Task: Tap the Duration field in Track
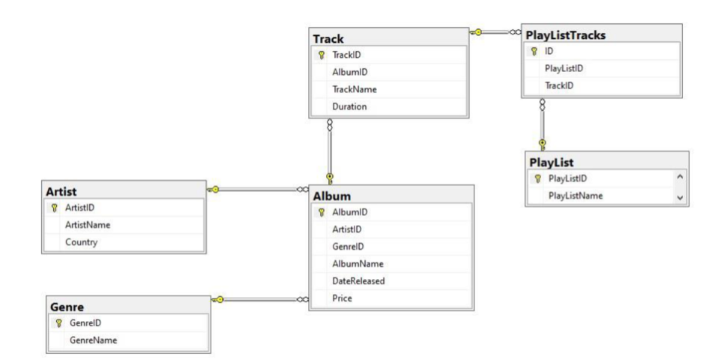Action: pos(349,106)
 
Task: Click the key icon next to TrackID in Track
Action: pos(322,55)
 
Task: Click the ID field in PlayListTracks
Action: pos(550,51)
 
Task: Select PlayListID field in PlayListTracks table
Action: pos(564,68)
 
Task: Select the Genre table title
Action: pos(67,306)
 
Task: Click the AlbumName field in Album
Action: pos(358,264)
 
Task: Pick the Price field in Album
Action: pos(342,298)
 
